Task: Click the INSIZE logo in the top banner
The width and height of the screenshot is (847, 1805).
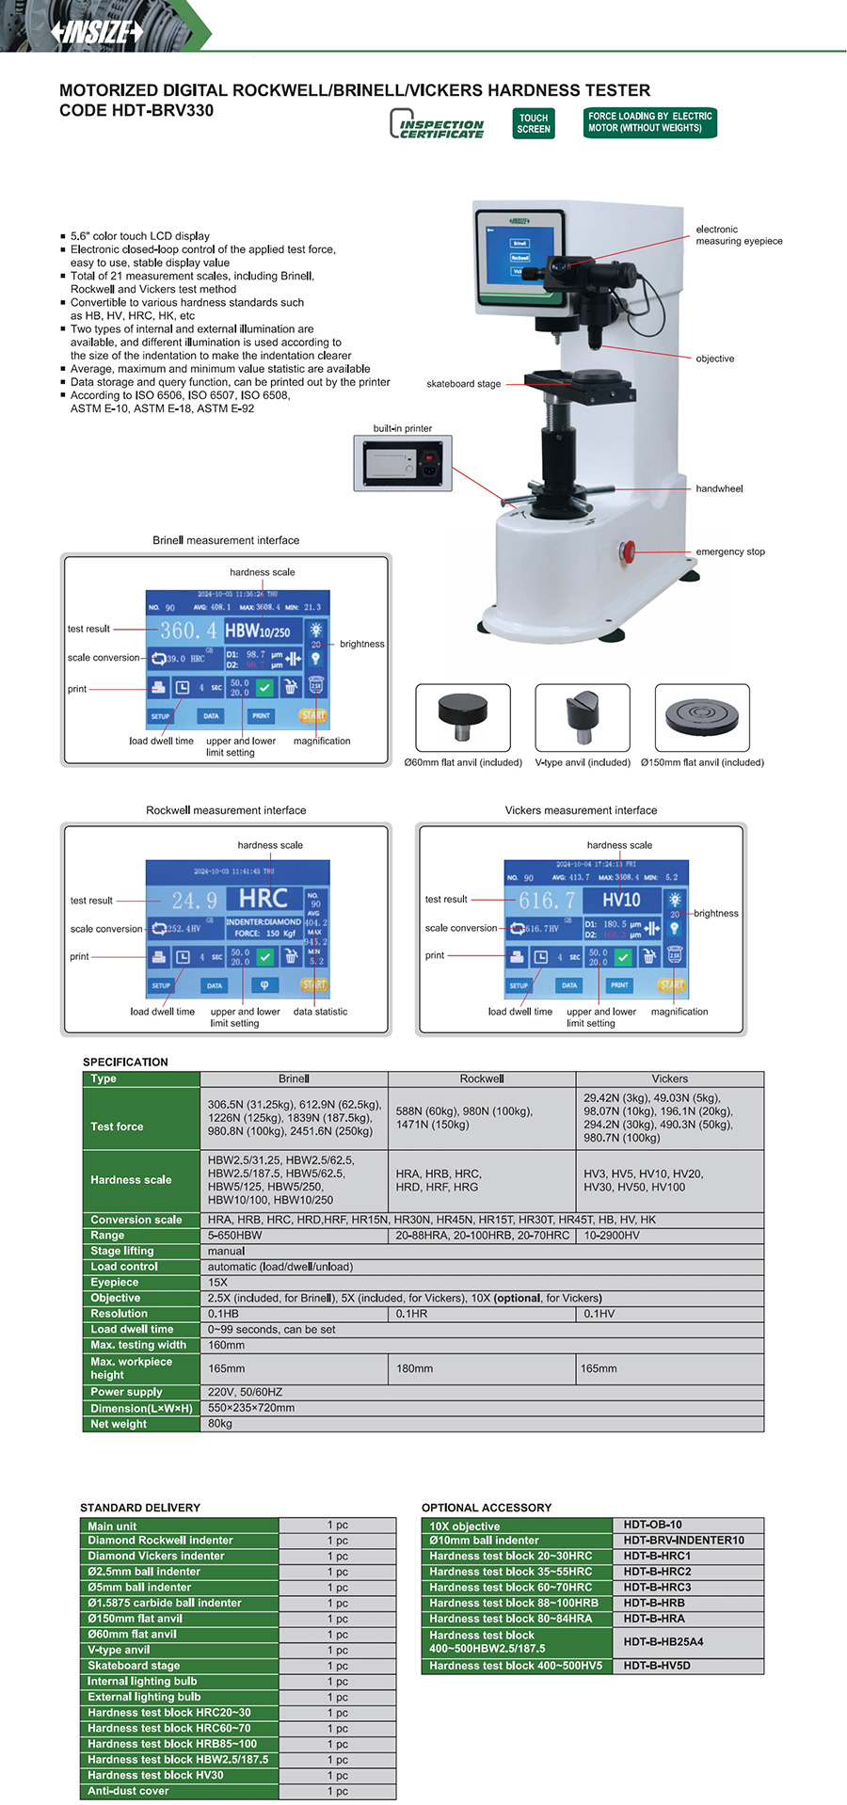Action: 97,31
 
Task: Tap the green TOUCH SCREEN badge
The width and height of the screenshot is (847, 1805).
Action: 534,123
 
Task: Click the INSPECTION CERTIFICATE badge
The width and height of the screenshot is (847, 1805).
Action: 437,124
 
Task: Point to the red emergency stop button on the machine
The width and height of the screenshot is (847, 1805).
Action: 628,551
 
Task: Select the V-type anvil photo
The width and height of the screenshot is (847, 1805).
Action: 583,718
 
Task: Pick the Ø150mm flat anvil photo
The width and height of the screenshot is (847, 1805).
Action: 702,718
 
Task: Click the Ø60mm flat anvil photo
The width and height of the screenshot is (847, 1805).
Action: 463,718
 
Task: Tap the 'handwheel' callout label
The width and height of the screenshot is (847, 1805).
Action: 719,488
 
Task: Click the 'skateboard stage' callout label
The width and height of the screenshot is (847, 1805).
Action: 463,384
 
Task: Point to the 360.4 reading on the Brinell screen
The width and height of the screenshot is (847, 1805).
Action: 188,631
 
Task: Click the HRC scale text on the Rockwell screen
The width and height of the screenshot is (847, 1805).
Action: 264,899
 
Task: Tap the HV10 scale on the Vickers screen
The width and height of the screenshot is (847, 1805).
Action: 621,900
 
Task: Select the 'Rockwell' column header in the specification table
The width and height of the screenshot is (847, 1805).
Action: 482,1078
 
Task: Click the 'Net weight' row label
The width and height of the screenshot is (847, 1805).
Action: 119,1424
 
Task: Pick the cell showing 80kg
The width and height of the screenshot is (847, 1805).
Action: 220,1424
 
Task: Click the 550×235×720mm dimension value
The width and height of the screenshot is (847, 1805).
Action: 251,1408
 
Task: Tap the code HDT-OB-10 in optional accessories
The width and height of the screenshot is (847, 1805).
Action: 652,1525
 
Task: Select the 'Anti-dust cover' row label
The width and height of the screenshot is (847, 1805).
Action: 128,1791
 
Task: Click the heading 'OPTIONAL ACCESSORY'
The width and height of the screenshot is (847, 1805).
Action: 486,1507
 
